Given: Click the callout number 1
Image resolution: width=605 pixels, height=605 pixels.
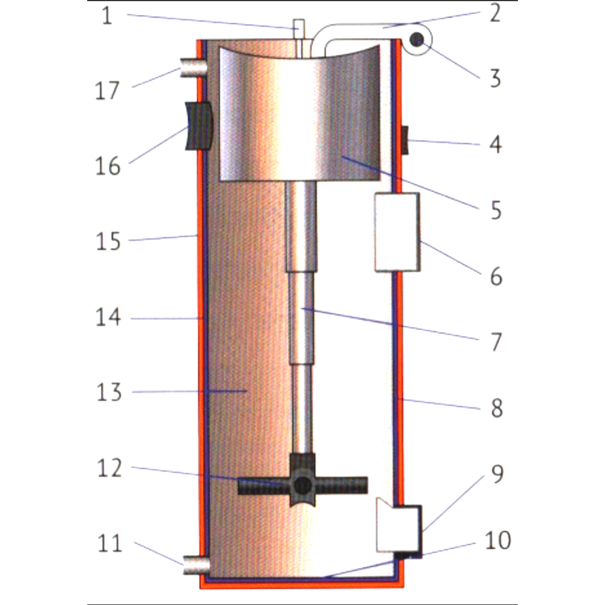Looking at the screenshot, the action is tap(107, 16).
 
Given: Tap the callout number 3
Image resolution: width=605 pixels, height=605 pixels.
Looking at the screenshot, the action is tap(495, 78).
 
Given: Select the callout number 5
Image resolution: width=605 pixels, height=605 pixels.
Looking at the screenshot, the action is tap(496, 211).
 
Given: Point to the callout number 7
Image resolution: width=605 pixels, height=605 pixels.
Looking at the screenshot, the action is tap(496, 342).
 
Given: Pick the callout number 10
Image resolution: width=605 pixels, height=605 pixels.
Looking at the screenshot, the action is tap(498, 540).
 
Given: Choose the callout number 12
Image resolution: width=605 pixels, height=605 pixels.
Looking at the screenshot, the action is tap(110, 468).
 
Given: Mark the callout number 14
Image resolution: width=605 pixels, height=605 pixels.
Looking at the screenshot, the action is tap(108, 317).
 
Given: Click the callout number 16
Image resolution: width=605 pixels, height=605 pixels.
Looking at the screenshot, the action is tap(108, 166).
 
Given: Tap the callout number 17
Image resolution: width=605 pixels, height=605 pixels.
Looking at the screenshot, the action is tap(107, 91).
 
